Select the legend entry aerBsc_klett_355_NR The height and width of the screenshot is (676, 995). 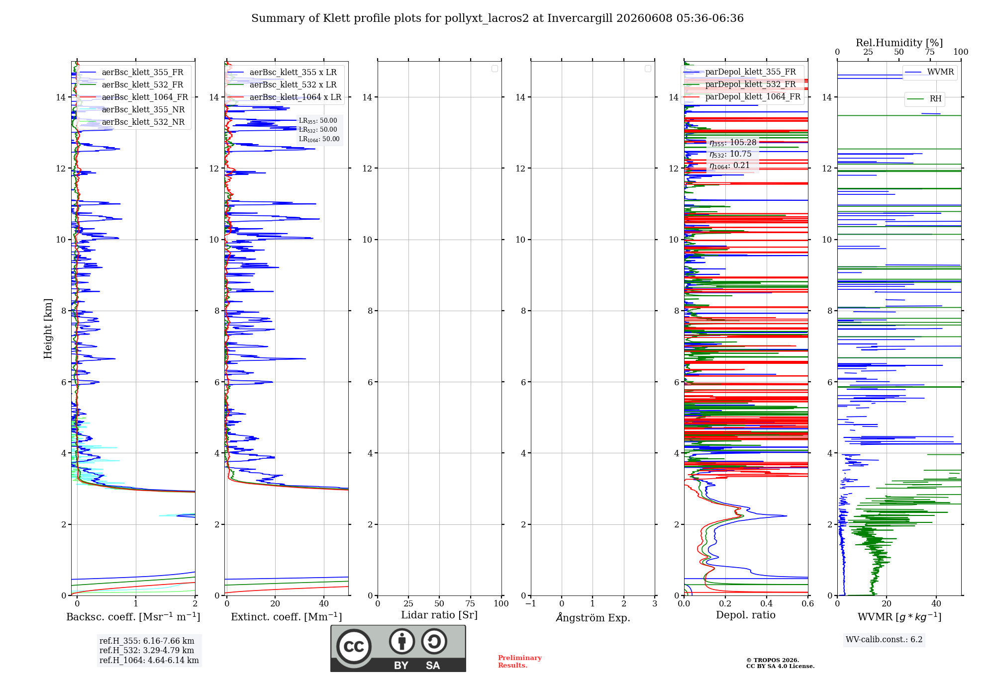click(132, 109)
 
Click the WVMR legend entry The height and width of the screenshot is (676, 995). click(929, 72)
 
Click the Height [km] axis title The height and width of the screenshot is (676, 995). click(48, 329)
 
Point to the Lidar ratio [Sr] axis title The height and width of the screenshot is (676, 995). click(439, 615)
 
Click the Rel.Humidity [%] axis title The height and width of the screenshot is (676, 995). click(899, 43)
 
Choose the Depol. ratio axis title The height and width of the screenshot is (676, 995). click(746, 615)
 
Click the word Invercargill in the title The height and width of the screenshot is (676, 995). click(580, 18)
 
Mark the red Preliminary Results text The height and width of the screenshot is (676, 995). click(520, 662)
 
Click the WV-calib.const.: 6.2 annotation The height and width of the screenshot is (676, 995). click(884, 640)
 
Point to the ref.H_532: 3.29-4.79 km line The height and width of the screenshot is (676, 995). click(147, 650)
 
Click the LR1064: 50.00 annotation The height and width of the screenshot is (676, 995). click(319, 139)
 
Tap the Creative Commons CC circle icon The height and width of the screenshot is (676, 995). click(354, 646)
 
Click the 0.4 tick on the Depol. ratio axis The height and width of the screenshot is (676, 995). click(767, 603)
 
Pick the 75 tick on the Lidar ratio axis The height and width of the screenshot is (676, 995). click(470, 603)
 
